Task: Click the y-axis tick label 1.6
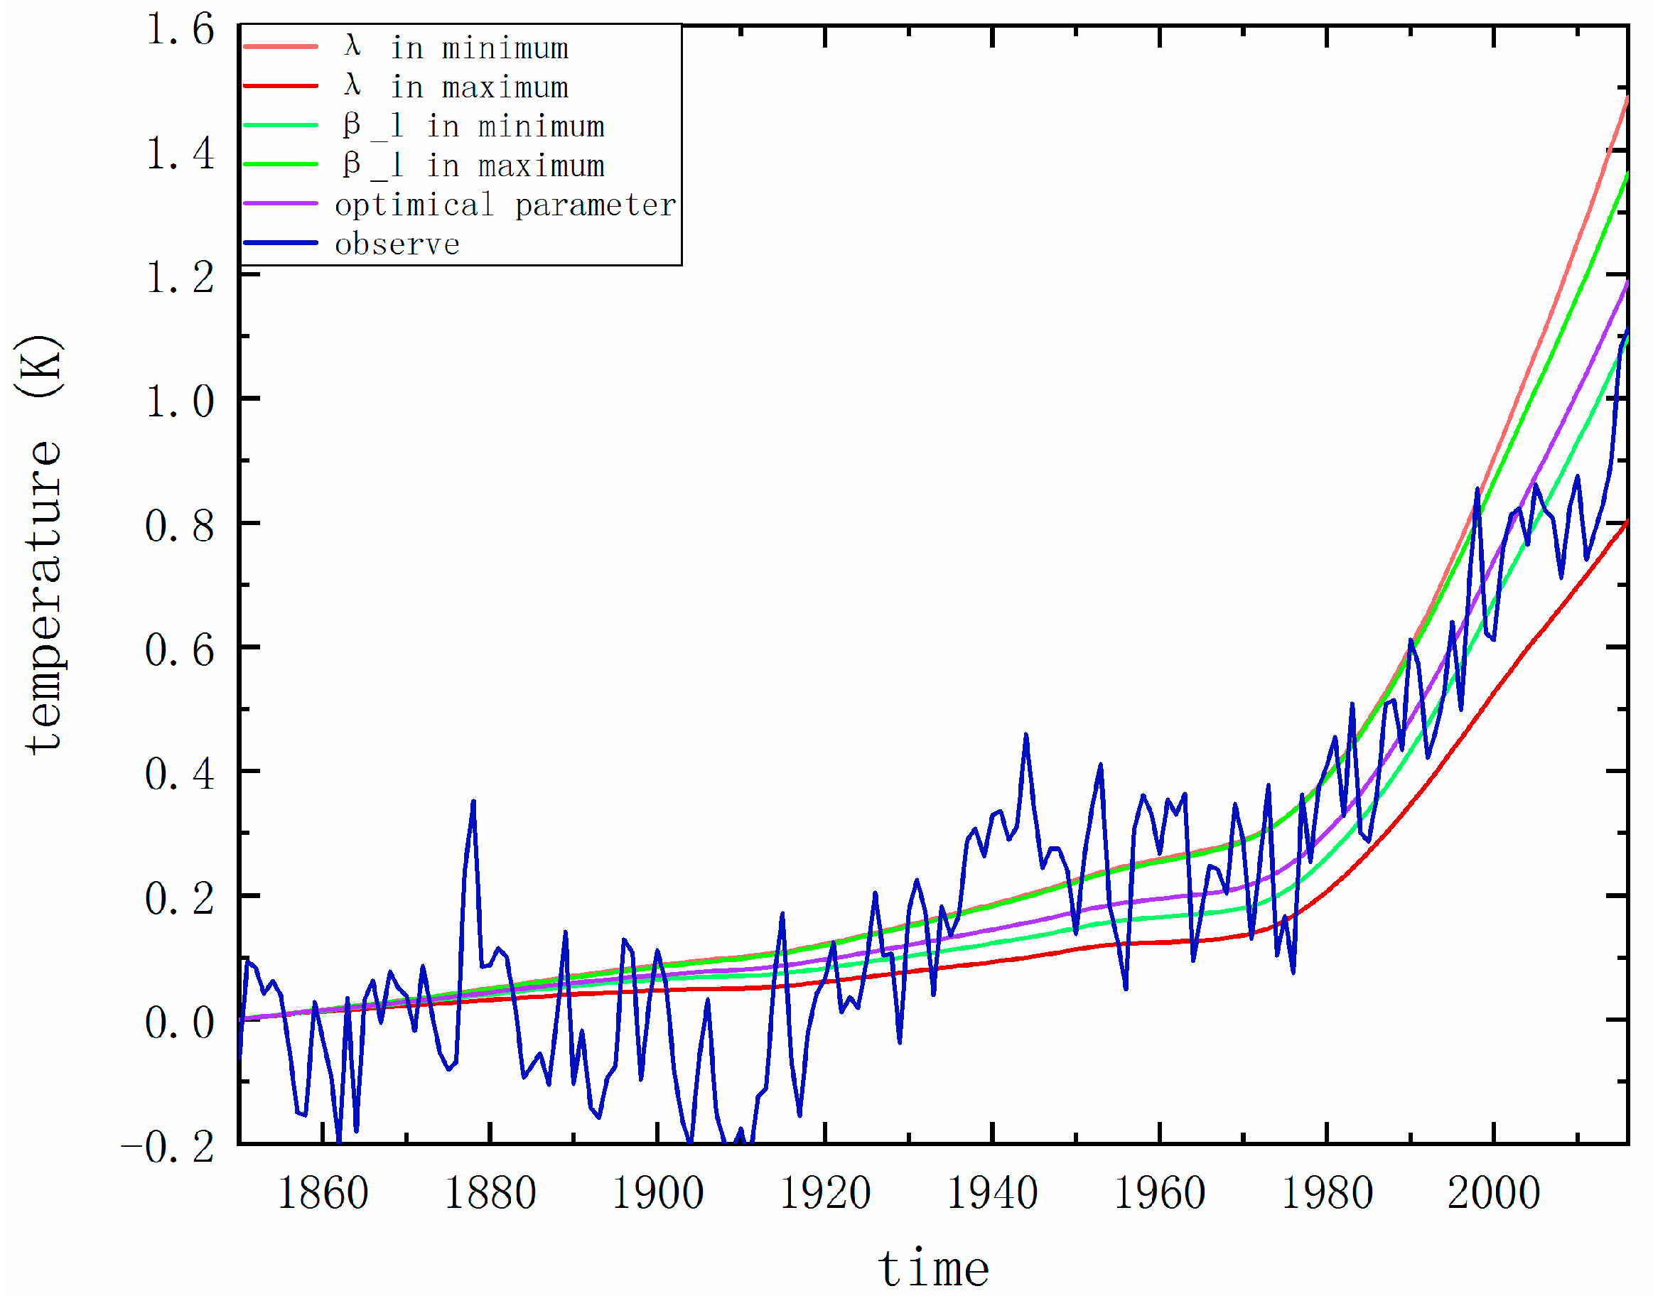point(180,31)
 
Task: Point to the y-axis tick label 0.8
point(180,527)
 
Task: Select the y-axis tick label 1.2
point(180,278)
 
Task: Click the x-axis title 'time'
point(934,1269)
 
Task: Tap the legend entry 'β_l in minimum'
point(474,126)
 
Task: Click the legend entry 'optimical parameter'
point(505,205)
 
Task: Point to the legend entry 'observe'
point(397,244)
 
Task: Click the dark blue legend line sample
point(280,243)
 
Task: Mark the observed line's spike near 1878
point(473,802)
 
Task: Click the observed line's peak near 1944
point(1026,735)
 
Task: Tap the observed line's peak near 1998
point(1477,490)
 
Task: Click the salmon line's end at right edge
point(1627,97)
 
